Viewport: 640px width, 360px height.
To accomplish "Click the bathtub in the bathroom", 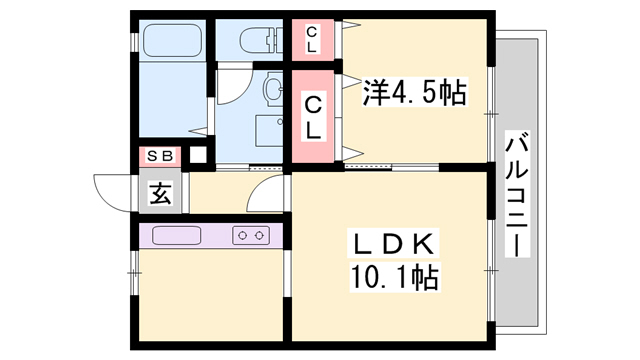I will tap(173, 41).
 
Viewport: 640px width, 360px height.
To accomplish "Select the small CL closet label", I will tap(313, 41).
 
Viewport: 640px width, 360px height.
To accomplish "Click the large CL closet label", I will tap(314, 116).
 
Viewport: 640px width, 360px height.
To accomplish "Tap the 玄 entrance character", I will tap(161, 192).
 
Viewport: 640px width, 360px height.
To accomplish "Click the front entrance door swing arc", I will tap(113, 189).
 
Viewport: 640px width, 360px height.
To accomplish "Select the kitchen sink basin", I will tap(178, 236).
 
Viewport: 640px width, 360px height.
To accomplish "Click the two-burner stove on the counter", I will tap(250, 236).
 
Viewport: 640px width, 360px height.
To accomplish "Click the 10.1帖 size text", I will tap(395, 276).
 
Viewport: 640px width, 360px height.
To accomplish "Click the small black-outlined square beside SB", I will tap(198, 155).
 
